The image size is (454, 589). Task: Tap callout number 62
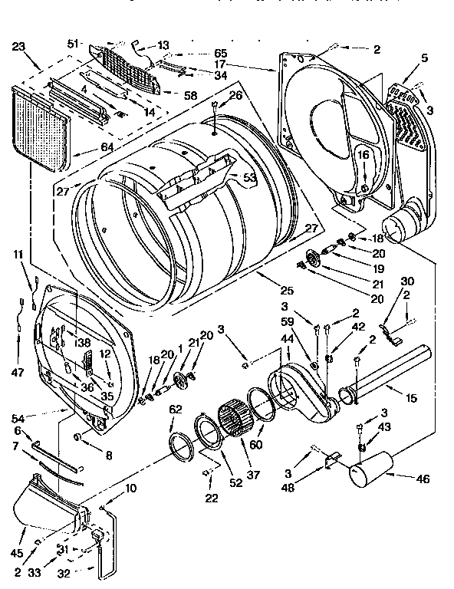176,410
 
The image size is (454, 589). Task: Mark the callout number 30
407,281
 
